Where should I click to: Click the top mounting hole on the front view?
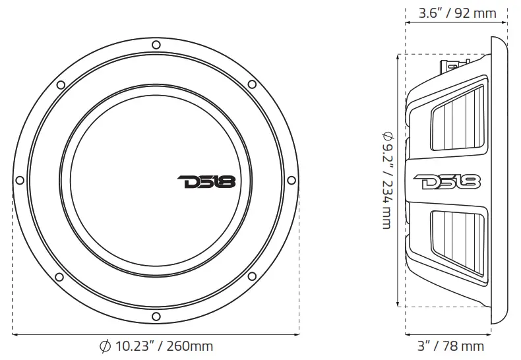click(x=155, y=45)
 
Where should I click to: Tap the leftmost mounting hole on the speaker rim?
click(x=20, y=180)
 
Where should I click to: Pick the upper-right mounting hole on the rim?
click(x=251, y=84)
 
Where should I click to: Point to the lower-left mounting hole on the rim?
click(x=59, y=276)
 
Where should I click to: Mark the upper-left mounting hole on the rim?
click(x=59, y=84)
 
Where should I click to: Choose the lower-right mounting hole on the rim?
click(x=251, y=276)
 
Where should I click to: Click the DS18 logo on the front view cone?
click(x=206, y=181)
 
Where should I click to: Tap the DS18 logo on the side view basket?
click(x=447, y=181)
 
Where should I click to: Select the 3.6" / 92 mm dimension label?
click(x=457, y=13)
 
